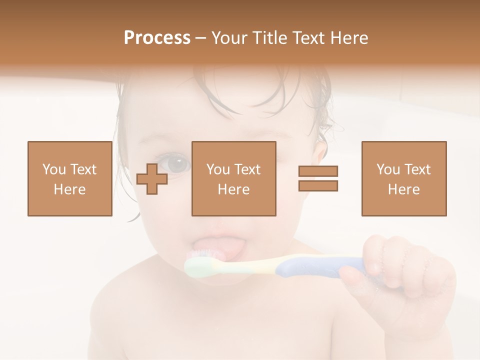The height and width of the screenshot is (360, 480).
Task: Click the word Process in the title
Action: point(157,38)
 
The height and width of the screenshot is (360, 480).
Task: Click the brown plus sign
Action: point(152,178)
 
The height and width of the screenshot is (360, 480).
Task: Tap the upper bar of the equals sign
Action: point(318,171)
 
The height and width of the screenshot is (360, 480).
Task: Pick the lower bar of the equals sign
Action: point(318,185)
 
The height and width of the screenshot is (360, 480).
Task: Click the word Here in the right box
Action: point(403,189)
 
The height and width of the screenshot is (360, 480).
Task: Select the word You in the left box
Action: point(53,169)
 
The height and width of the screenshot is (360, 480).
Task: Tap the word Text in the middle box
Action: point(247,169)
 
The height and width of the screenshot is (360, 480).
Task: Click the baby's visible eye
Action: point(177,163)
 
